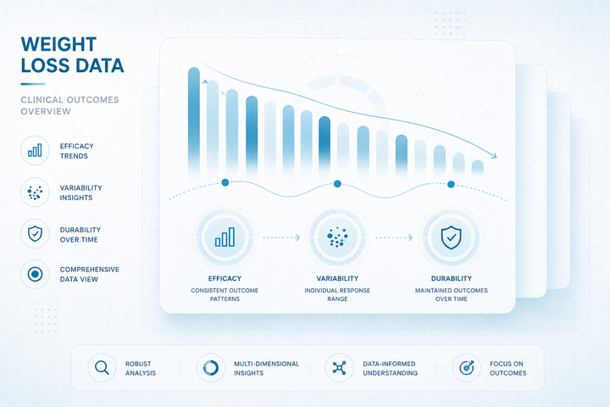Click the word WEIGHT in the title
pos(58,44)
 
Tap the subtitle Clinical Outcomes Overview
pos(69,105)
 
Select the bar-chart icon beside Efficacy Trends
pos(35,150)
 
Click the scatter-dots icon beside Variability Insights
pos(35,192)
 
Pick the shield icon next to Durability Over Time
pos(35,234)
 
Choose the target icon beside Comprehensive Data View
pos(35,274)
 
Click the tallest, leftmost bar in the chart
pos(194,120)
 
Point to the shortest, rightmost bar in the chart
pos(477,167)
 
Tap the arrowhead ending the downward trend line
pos(494,156)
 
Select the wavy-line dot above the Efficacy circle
pos(225,182)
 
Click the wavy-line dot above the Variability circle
pos(337,183)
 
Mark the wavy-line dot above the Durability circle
pos(451,184)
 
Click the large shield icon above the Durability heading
pos(451,237)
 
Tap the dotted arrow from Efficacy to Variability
pos(281,237)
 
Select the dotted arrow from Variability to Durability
pos(394,237)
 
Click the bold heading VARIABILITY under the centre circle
pos(337,278)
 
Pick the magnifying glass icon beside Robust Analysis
pos(102,368)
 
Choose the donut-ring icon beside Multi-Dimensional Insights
pos(210,368)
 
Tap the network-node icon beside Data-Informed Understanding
pos(339,368)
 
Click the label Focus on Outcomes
pos(507,368)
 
